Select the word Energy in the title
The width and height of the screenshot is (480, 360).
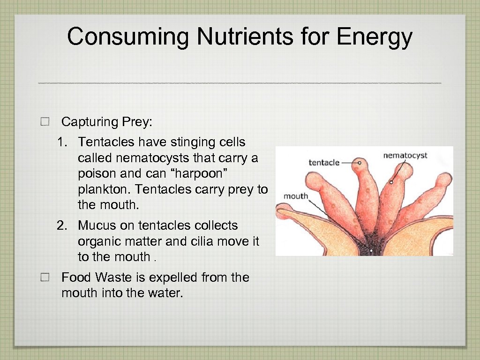point(374,37)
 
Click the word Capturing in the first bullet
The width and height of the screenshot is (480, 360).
point(90,122)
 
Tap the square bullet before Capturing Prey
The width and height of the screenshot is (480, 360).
point(45,122)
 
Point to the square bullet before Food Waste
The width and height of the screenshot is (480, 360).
point(45,277)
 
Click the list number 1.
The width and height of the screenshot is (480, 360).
point(61,142)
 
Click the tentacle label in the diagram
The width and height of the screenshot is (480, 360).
point(324,163)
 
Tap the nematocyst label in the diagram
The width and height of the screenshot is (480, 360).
point(405,155)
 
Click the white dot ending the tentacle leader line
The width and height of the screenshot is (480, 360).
point(360,163)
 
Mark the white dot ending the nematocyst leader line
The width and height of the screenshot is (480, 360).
point(391,182)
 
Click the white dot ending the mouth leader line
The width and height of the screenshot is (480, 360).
point(371,251)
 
